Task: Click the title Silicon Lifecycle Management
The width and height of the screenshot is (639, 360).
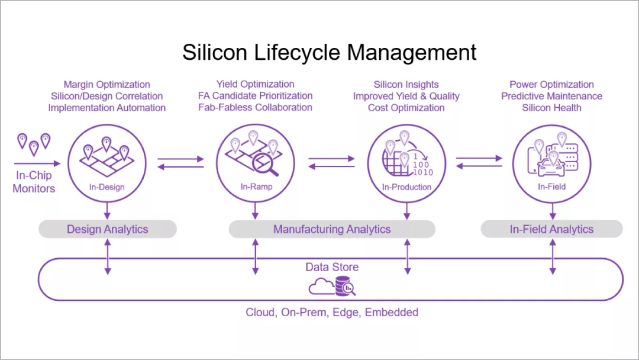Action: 330,52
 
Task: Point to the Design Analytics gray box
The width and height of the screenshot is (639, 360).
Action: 108,229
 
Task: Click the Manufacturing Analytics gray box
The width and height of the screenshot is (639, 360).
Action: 332,229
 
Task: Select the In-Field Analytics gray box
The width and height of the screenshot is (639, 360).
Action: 551,229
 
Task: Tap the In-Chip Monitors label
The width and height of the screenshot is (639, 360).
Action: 34,182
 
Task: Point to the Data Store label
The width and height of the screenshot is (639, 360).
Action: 332,267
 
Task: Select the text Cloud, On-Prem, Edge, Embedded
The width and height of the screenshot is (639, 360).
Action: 332,312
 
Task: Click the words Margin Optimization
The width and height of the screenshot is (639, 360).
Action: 107,85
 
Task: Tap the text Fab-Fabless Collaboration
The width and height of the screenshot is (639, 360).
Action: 255,107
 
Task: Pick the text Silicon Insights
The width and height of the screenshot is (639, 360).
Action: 406,85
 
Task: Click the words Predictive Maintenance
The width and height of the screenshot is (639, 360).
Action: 551,96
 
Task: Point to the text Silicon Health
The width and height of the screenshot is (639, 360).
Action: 551,107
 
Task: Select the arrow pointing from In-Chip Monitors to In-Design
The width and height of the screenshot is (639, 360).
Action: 37,163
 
